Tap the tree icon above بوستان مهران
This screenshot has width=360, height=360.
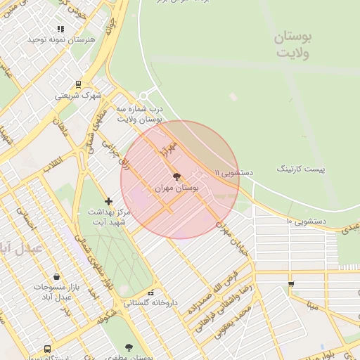click(176, 176)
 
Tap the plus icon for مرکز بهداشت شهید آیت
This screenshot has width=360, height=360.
click(108, 202)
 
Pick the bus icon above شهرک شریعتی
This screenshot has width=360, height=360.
click(78, 84)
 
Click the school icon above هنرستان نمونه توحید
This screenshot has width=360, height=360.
click(61, 29)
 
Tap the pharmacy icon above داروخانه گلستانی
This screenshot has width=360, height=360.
click(150, 292)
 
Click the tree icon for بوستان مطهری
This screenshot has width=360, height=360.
click(128, 347)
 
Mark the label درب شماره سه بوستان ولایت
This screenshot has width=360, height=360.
click(140, 115)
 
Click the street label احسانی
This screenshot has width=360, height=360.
click(28, 223)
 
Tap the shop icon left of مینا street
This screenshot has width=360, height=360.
click(291, 284)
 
